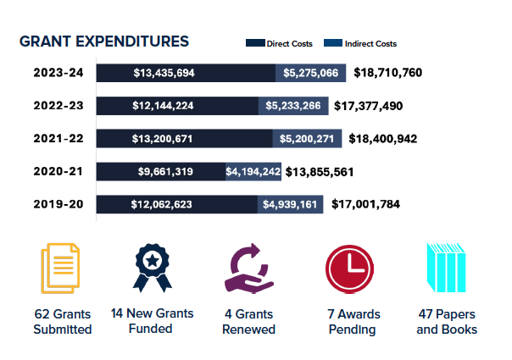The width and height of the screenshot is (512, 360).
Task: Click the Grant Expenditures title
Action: pos(103,42)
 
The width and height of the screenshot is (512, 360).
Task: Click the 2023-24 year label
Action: pos(58,73)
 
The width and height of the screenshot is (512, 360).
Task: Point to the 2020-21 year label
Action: pos(58,171)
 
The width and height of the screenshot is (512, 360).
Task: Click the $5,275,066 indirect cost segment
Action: pos(311,73)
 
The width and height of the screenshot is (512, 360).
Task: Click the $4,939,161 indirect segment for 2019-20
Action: pos(290,204)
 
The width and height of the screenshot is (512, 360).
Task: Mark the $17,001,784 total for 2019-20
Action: pos(365,204)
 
